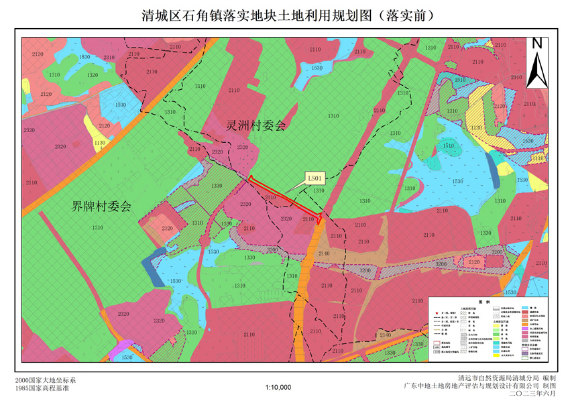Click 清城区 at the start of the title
click(158, 15)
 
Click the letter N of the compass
click(536, 44)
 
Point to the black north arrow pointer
click(536, 68)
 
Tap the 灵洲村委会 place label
click(255, 125)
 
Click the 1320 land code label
click(93, 75)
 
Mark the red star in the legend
click(437, 313)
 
